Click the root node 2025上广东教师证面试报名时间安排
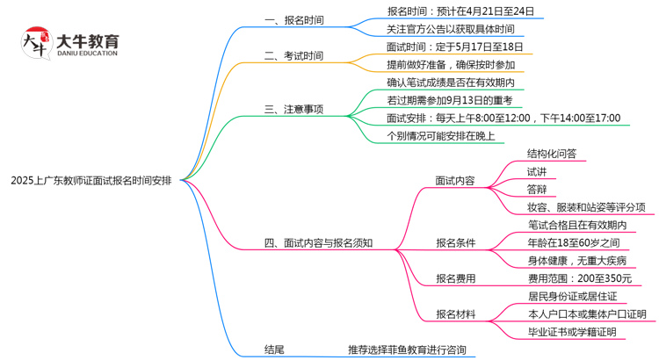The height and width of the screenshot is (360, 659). click(x=98, y=181)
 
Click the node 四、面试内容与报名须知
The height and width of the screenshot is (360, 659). click(x=317, y=243)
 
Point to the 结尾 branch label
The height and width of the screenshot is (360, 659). click(x=274, y=349)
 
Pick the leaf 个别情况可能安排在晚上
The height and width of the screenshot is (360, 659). click(x=440, y=136)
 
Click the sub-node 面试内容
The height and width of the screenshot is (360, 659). click(x=455, y=181)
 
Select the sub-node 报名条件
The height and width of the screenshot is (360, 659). click(x=455, y=243)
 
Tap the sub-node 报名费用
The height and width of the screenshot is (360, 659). click(x=455, y=279)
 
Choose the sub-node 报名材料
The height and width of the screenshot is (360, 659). click(x=455, y=314)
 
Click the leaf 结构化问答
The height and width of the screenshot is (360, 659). click(x=552, y=154)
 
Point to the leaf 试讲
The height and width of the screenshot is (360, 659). click(x=536, y=171)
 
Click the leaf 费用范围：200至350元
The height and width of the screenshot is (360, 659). click(x=579, y=278)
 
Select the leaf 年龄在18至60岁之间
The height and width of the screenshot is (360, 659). click(x=573, y=242)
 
